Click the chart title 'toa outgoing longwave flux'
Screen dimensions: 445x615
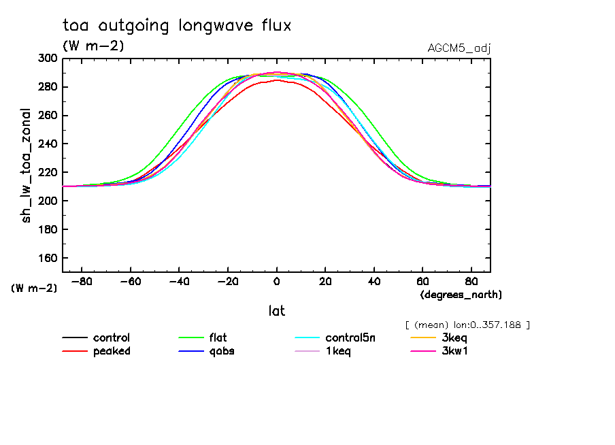(177, 26)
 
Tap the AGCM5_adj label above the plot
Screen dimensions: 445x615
(459, 48)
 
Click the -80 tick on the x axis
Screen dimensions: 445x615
(82, 281)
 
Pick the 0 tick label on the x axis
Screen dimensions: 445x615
(276, 281)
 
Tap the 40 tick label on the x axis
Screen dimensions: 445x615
(373, 281)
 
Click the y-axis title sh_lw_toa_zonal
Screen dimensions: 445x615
(27, 165)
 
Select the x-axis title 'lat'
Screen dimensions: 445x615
(276, 311)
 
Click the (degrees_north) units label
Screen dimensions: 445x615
(461, 295)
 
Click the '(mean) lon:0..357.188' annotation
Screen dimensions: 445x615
(467, 325)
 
